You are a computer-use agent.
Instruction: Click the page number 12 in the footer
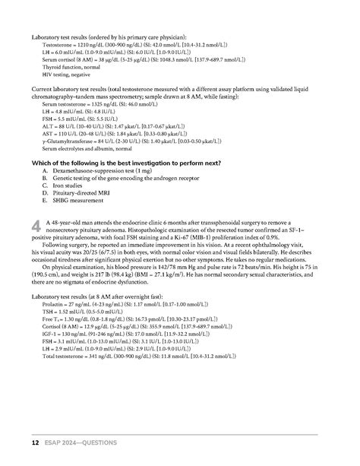tap(34, 442)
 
